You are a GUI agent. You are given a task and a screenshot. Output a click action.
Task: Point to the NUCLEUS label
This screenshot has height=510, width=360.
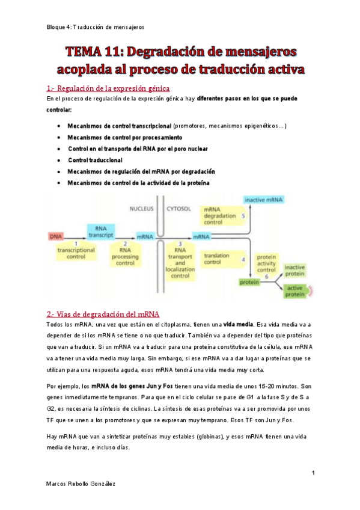(x=142, y=209)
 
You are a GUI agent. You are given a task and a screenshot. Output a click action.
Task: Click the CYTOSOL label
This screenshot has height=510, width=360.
(x=178, y=209)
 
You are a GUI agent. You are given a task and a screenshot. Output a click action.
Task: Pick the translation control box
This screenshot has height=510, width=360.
(x=218, y=259)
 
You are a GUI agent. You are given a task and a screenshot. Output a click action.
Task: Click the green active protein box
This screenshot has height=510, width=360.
(x=295, y=291)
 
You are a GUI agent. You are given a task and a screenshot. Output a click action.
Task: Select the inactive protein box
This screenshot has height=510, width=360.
(x=294, y=271)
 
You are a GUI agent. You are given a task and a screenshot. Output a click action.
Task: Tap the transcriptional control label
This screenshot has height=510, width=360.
(x=76, y=252)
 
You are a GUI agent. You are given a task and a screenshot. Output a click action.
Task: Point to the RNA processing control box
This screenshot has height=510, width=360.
(x=125, y=256)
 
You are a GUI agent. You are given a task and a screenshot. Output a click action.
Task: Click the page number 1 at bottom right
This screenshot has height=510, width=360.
(x=314, y=473)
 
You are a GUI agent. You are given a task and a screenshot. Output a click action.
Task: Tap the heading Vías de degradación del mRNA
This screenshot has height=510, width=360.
(x=103, y=313)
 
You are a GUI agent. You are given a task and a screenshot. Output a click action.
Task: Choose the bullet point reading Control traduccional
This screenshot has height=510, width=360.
(x=95, y=160)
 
